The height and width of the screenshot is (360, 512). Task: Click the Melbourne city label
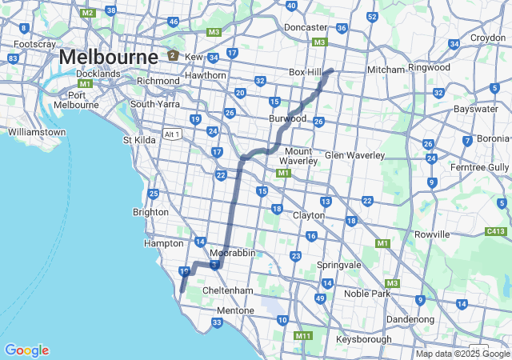pos(108,58)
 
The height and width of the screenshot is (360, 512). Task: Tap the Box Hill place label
pos(305,72)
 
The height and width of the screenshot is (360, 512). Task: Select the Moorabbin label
pos(232,252)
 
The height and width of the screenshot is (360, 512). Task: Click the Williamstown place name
pos(35,131)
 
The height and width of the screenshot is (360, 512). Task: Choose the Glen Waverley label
pos(355,155)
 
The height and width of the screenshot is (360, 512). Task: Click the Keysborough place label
pos(365,339)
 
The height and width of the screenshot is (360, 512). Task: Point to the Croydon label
pos(488,38)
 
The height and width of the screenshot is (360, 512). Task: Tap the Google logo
pos(26,350)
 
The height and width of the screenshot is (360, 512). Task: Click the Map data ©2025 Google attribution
pos(462,354)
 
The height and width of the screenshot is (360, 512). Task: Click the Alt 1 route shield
pos(173,133)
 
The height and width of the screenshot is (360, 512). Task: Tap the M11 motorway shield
pos(302,336)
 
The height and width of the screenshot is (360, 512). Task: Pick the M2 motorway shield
pos(88,14)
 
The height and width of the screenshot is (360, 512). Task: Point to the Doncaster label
pos(306,27)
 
